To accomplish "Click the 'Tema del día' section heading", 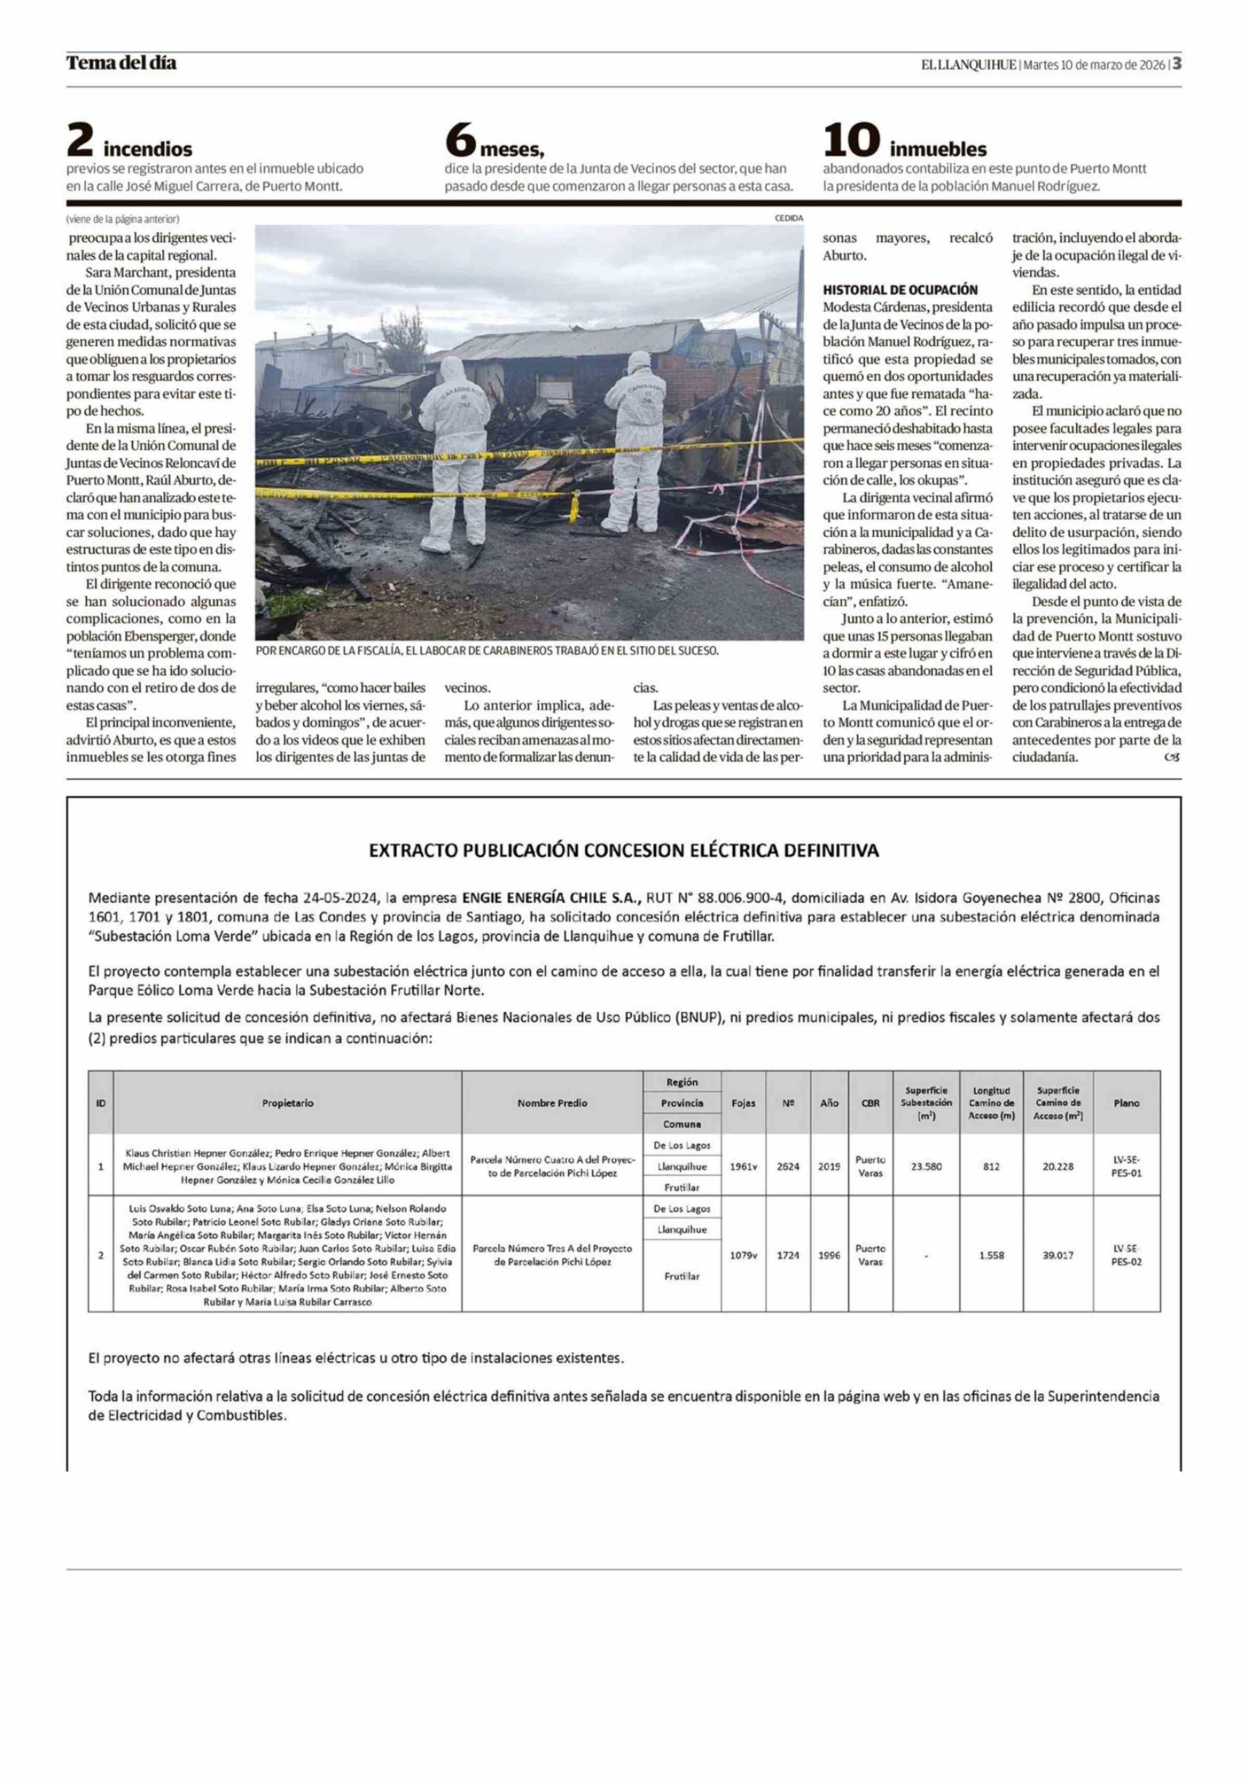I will [x=121, y=63].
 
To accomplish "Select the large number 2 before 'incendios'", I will [x=81, y=142].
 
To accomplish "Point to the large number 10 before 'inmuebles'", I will [x=851, y=142].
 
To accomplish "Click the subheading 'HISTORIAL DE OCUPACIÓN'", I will [x=900, y=290].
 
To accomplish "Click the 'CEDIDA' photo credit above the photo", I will [x=788, y=218].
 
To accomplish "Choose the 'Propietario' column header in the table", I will [x=288, y=1103].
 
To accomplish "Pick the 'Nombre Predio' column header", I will [x=552, y=1103].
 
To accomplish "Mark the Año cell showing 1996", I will [x=829, y=1256].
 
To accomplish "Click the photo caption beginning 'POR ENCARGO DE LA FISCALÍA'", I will [x=487, y=651].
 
